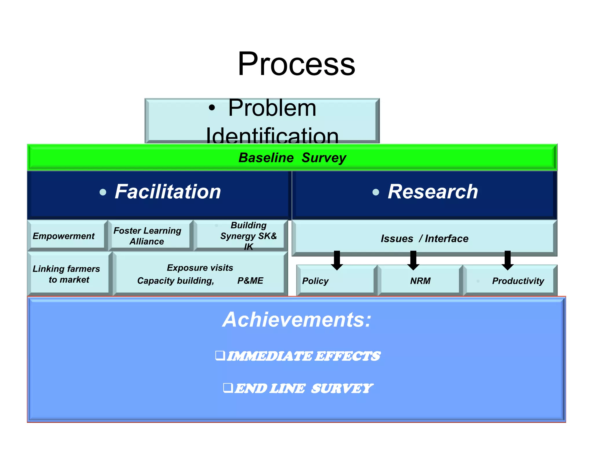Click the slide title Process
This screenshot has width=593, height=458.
pyautogui.click(x=296, y=64)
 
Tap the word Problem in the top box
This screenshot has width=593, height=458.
pyautogui.click(x=272, y=108)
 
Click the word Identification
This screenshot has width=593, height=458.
pyautogui.click(x=272, y=135)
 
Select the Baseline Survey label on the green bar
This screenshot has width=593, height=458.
pyautogui.click(x=292, y=158)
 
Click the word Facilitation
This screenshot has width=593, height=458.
pyautogui.click(x=168, y=192)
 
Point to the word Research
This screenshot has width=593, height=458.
pyautogui.click(x=433, y=192)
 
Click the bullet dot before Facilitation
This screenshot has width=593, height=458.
pyautogui.click(x=103, y=192)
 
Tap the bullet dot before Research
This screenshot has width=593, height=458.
pyautogui.click(x=376, y=192)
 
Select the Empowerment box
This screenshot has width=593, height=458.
pyautogui.click(x=64, y=236)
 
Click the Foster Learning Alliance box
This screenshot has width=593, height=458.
pyautogui.click(x=147, y=236)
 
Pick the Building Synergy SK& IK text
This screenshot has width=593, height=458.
pyautogui.click(x=248, y=236)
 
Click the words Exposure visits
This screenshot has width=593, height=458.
pyautogui.click(x=200, y=268)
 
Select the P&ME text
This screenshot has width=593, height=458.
pyautogui.click(x=250, y=281)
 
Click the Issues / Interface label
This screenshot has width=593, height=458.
pyautogui.click(x=424, y=239)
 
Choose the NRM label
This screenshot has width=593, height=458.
pyautogui.click(x=420, y=281)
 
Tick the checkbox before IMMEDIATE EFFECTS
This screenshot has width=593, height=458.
pyautogui.click(x=220, y=355)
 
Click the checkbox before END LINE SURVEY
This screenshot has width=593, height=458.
pyautogui.click(x=228, y=387)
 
